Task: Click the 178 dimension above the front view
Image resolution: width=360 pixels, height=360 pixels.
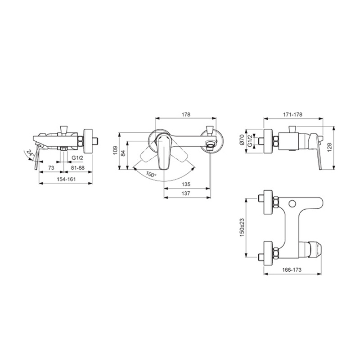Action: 186,114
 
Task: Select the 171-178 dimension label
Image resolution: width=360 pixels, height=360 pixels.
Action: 293,114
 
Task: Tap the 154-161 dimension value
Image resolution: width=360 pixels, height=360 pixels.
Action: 66,179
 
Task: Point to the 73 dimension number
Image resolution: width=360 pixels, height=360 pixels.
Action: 51,168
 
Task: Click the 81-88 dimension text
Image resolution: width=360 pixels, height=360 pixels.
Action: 77,168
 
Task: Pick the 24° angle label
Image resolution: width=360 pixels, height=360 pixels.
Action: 31,153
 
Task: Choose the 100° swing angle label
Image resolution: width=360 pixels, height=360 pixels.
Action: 151,175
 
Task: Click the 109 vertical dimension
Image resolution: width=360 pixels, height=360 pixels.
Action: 115,150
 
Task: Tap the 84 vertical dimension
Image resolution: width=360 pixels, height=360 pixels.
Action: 123,153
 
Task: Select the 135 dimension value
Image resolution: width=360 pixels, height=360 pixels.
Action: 186,184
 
